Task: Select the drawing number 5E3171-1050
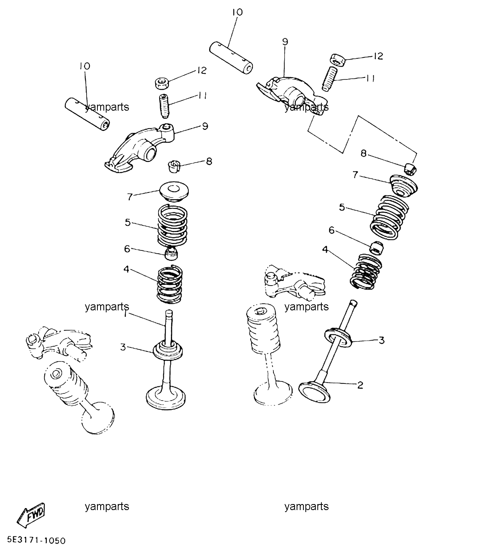click(37, 540)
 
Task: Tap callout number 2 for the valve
click(360, 385)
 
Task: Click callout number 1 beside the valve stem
click(125, 314)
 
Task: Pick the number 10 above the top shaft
click(238, 12)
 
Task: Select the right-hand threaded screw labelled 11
click(329, 79)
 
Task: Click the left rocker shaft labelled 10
click(87, 114)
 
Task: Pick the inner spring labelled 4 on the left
click(170, 284)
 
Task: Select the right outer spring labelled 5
click(389, 217)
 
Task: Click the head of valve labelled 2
click(315, 392)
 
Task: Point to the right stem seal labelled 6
click(377, 248)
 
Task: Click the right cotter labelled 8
click(411, 169)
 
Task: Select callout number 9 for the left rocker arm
click(205, 126)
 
